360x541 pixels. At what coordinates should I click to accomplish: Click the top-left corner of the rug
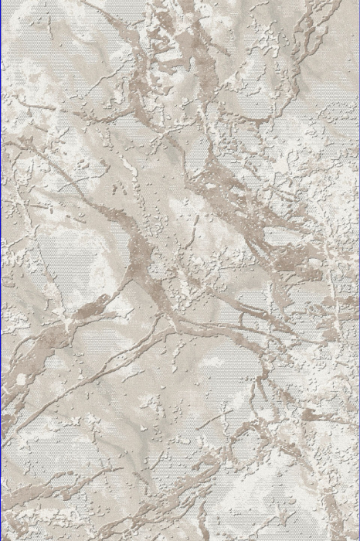[x=2, y=2]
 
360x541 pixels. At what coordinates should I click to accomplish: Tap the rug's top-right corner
[x=358, y=2]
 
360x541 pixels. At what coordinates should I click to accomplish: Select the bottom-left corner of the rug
[x=2, y=539]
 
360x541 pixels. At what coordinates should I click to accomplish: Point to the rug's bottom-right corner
[x=358, y=539]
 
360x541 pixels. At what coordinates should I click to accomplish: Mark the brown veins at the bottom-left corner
[x=31, y=510]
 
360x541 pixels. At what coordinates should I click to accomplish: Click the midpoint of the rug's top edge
[x=180, y=2]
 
